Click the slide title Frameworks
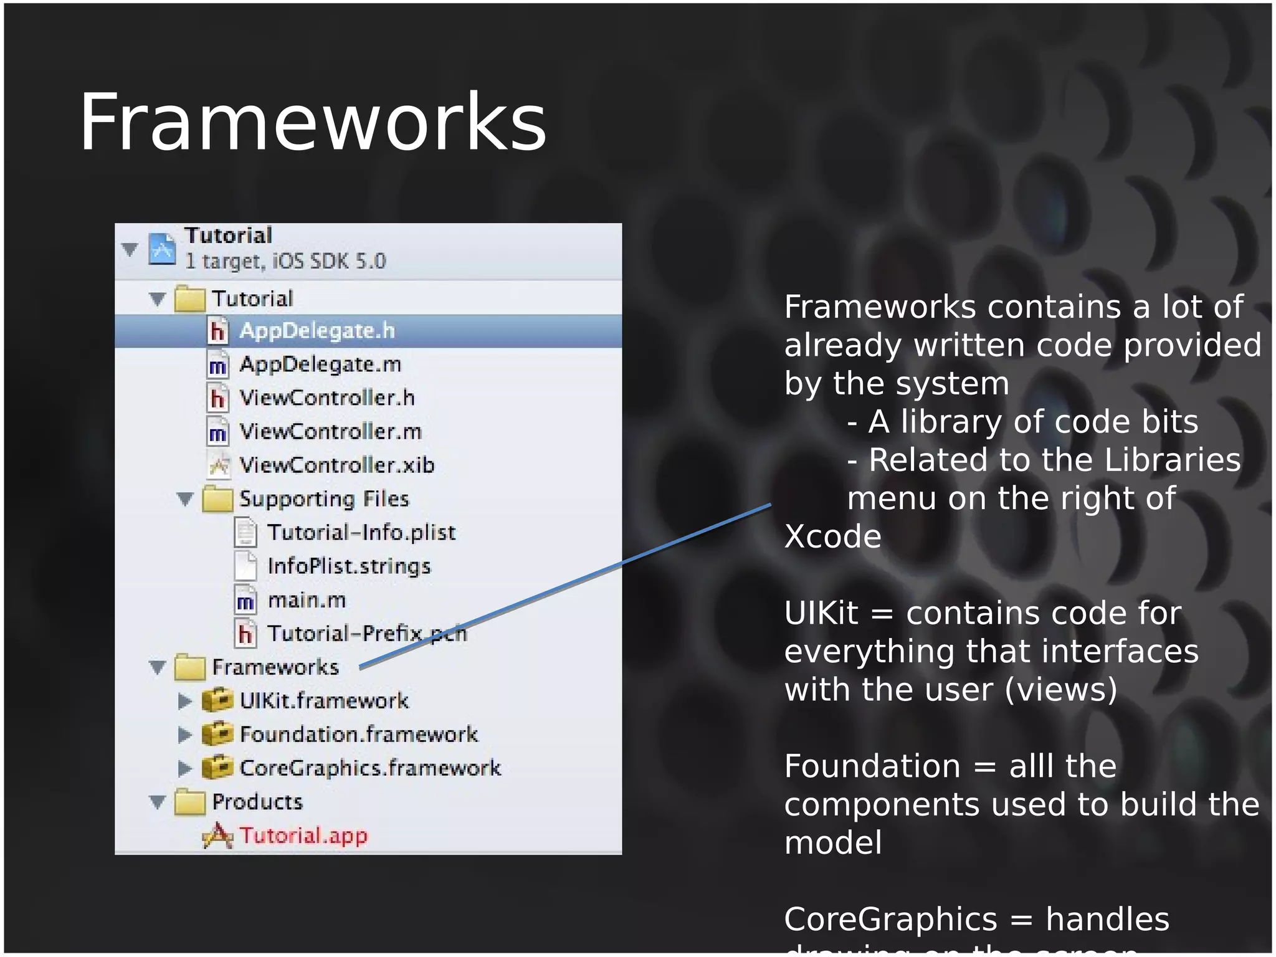coord(313,122)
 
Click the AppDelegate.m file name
coord(320,364)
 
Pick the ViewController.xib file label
coord(336,465)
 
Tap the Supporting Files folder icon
coord(217,498)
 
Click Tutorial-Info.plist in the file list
coord(361,533)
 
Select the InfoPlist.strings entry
coord(349,566)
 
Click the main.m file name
coord(307,600)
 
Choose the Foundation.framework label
coord(359,735)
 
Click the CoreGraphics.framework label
coord(370,768)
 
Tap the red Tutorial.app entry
coord(303,836)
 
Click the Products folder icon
coord(190,802)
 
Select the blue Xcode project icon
coord(162,249)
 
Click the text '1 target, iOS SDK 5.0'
coord(285,261)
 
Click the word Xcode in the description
coord(832,536)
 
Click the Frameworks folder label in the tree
coord(275,667)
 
